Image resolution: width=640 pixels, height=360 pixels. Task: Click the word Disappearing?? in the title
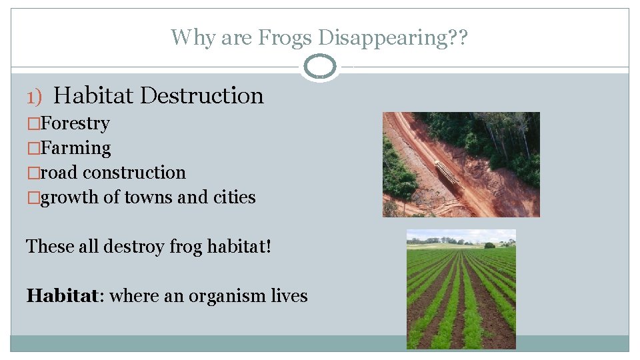[x=394, y=37]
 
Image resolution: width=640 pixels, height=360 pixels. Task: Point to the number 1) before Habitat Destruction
[x=34, y=97]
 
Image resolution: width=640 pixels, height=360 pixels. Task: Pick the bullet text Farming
[x=75, y=148]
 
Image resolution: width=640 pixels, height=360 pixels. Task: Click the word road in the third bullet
[x=59, y=173]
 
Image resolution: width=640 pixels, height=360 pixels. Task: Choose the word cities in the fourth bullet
[x=235, y=197]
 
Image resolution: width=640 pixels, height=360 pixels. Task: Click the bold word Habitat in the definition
[x=61, y=295]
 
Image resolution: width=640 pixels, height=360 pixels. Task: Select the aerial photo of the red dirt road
[x=461, y=164]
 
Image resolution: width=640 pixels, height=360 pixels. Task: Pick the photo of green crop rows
[x=461, y=289]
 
